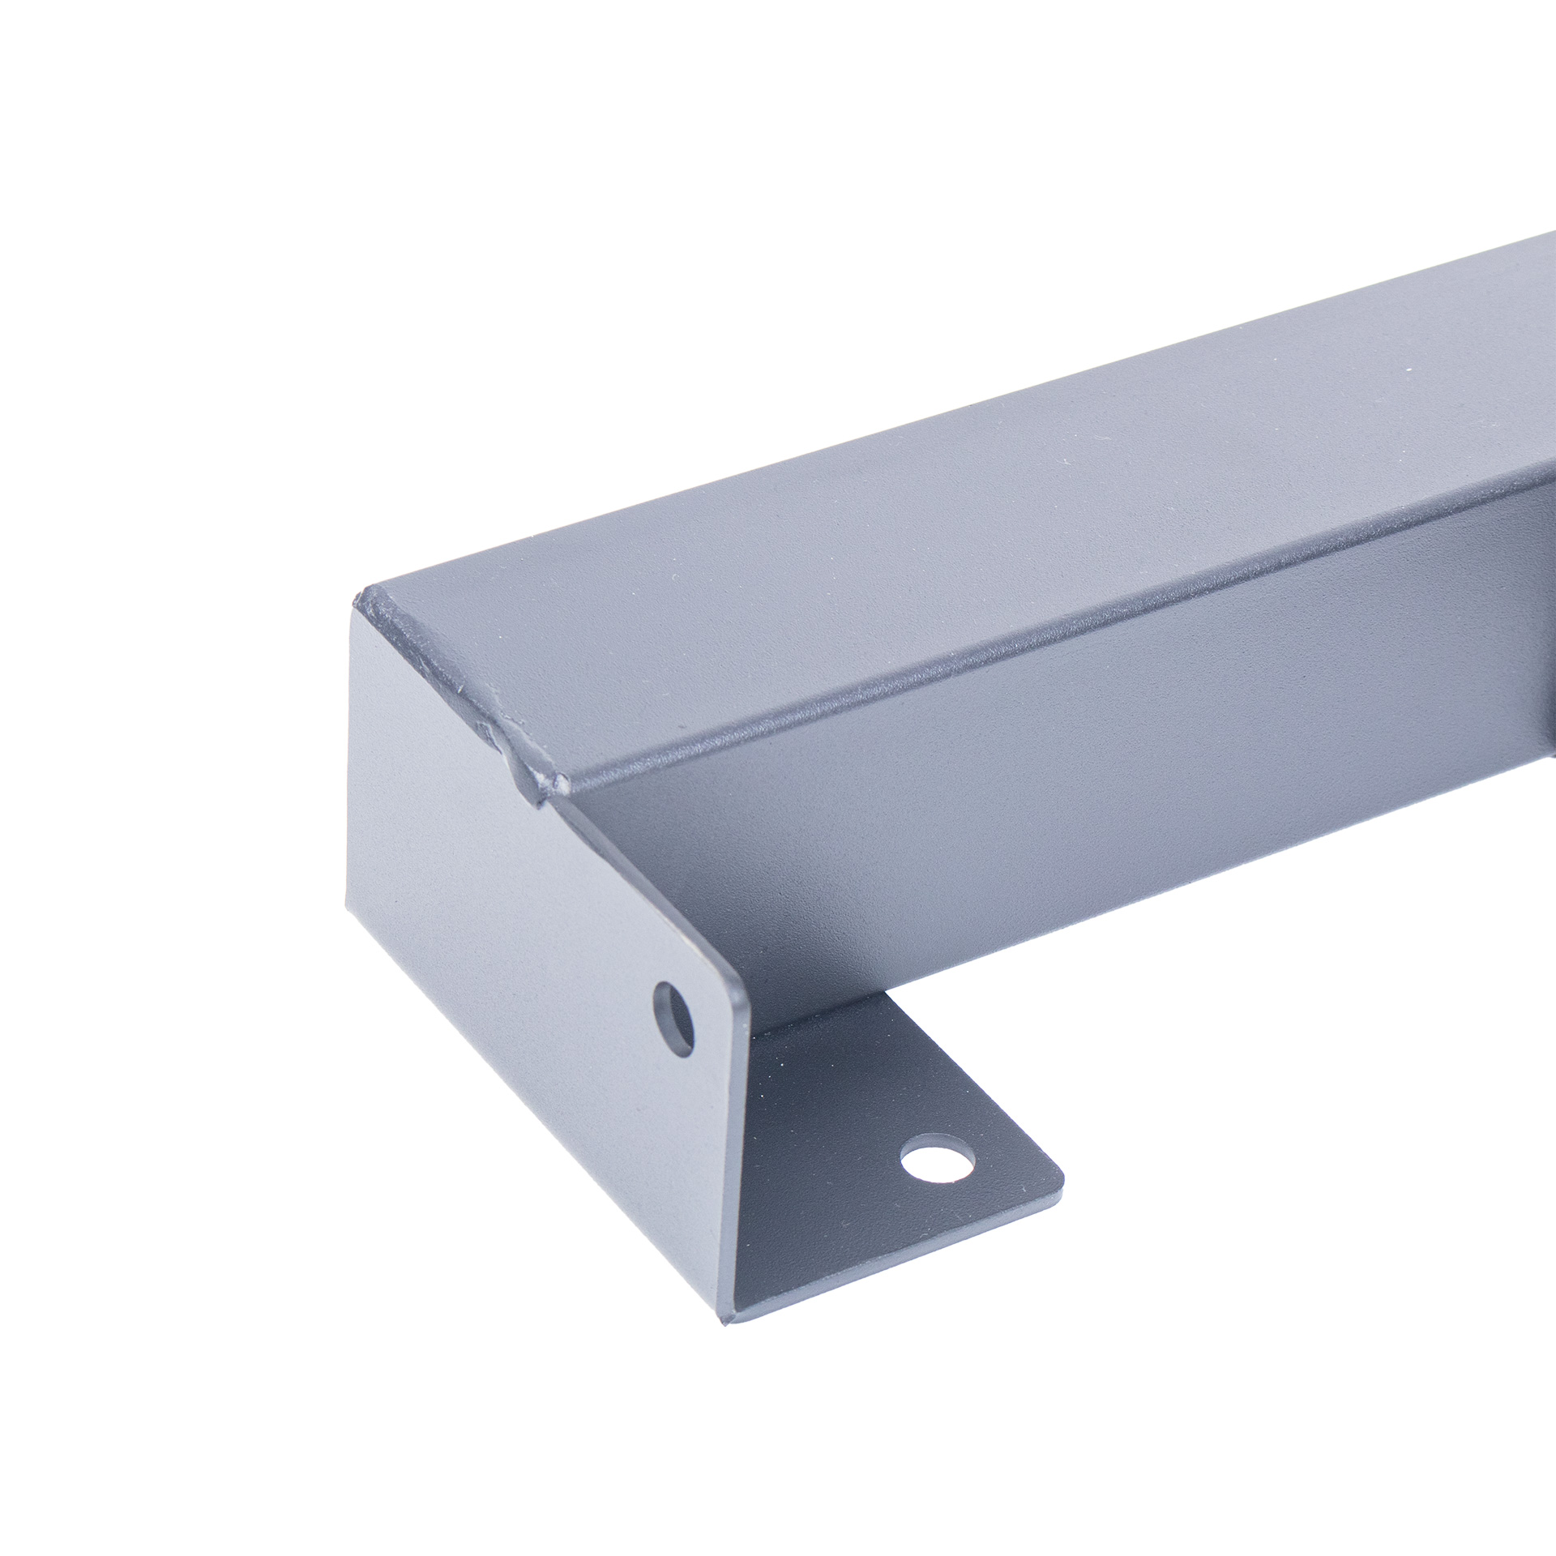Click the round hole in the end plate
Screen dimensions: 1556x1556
(674, 1018)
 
